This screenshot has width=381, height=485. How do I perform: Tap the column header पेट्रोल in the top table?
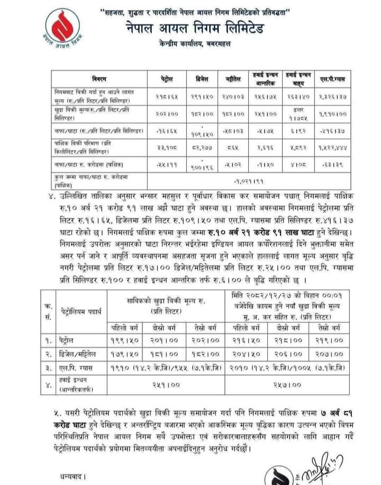click(166, 79)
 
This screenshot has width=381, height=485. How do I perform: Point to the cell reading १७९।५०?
click(139, 352)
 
